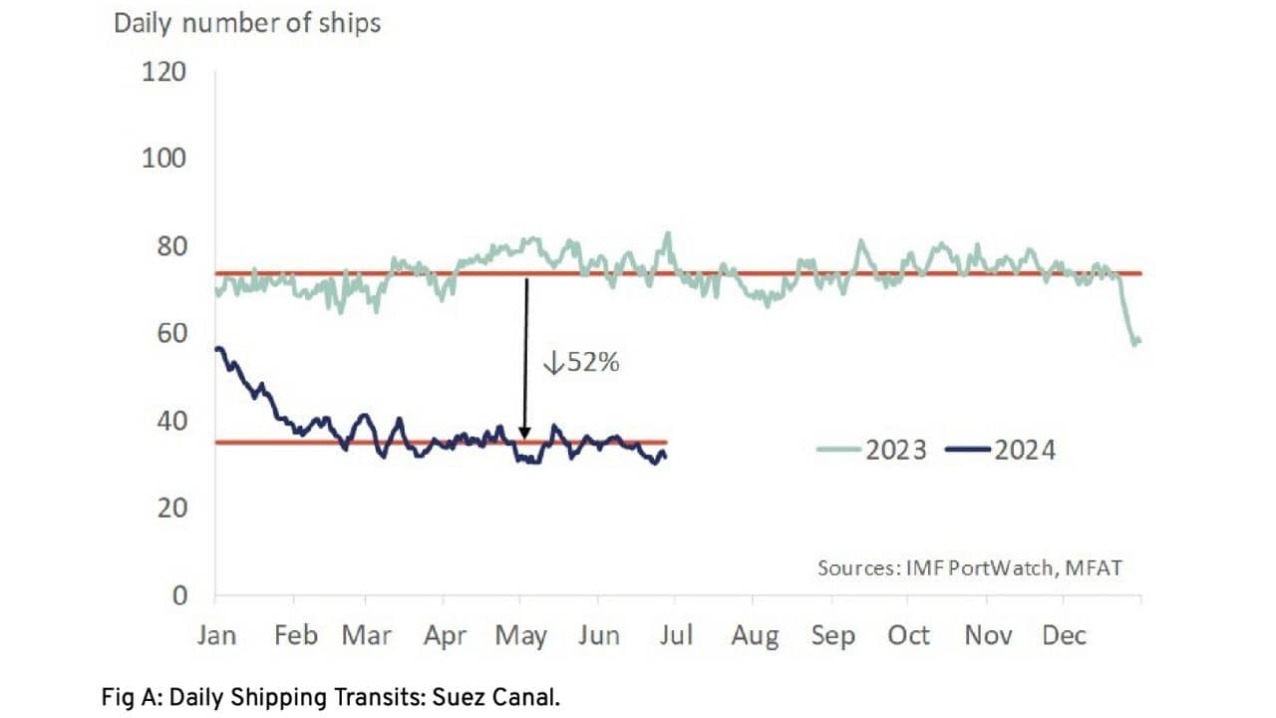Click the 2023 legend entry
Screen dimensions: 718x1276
871,451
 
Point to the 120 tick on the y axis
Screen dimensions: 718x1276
165,72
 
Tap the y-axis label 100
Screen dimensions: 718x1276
165,159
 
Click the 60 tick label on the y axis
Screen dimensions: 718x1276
171,333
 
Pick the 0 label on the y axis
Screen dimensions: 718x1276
179,595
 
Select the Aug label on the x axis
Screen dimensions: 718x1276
754,636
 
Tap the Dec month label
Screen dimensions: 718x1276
1063,635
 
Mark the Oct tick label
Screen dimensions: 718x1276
908,635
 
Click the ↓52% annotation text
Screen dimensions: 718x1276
581,363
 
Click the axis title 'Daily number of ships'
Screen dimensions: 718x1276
247,23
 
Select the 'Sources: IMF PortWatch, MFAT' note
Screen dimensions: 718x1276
970,567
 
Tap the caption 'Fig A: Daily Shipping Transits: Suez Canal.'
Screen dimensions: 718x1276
330,698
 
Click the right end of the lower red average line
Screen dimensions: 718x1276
666,442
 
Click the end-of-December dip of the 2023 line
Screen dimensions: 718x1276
1135,342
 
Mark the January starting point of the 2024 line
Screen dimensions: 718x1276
217,348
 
